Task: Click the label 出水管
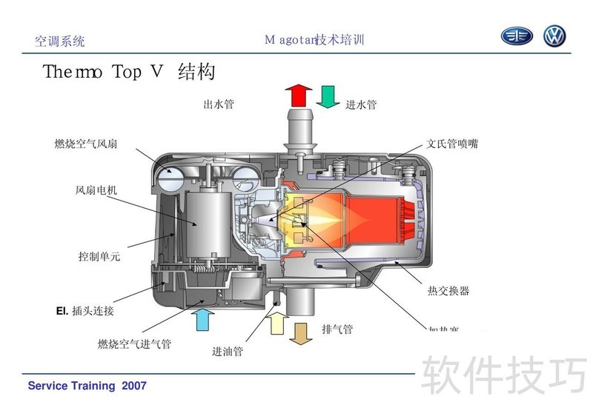[x=219, y=104]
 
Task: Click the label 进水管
[x=361, y=104]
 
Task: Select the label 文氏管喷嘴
[x=452, y=144]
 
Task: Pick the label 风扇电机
[x=96, y=190]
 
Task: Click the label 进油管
[x=228, y=351]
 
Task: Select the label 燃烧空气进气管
[x=134, y=344]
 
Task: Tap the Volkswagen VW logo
[x=554, y=36]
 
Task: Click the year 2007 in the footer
[x=134, y=386]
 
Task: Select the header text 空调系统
[x=60, y=41]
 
